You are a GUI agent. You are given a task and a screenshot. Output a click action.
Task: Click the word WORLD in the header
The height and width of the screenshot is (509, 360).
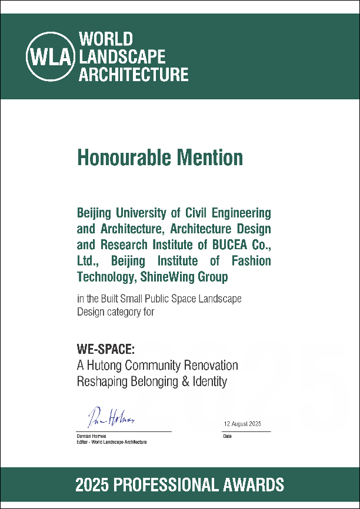coord(106,40)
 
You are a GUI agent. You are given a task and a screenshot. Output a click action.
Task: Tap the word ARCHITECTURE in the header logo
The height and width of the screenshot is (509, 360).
coord(134,75)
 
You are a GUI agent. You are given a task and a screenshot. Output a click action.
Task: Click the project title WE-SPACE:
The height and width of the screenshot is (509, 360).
coord(106,349)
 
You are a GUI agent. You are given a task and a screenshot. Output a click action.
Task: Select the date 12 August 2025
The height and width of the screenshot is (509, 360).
coord(242,424)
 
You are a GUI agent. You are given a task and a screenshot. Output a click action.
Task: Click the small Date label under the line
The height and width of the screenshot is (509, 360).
coord(227,436)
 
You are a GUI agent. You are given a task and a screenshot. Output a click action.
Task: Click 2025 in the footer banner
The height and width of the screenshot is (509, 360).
coord(94,485)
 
